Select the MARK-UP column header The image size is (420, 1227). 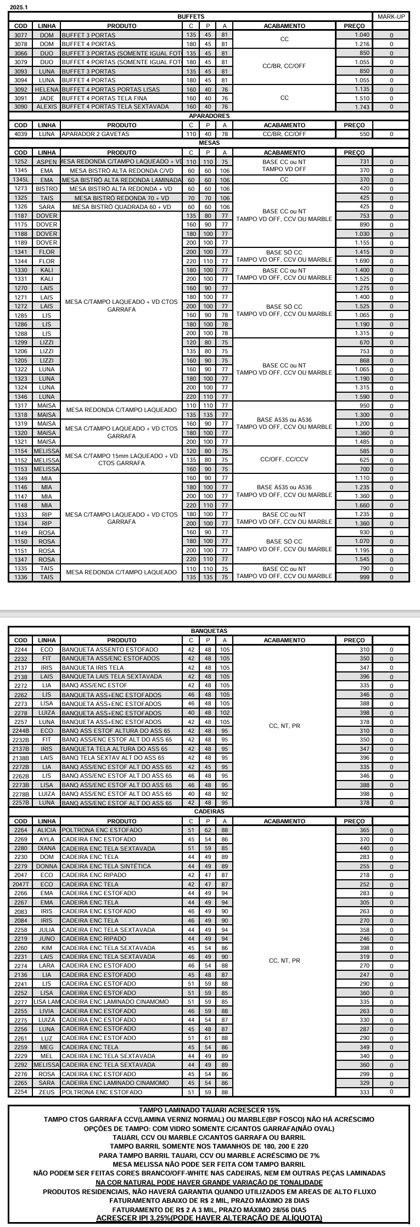[x=391, y=17]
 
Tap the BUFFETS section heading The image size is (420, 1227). [x=191, y=17]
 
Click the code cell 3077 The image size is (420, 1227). [x=21, y=35]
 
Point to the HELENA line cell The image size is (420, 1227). [x=47, y=89]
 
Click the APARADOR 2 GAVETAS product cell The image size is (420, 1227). [x=96, y=134]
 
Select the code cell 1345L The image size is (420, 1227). [x=21, y=179]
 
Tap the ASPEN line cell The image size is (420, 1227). [x=47, y=162]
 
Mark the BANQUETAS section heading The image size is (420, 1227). [x=209, y=631]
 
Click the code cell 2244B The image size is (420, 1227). [x=21, y=731]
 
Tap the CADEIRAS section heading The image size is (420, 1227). [x=209, y=811]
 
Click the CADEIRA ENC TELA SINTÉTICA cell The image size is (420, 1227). [x=106, y=866]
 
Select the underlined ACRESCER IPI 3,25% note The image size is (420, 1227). [x=209, y=1218]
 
